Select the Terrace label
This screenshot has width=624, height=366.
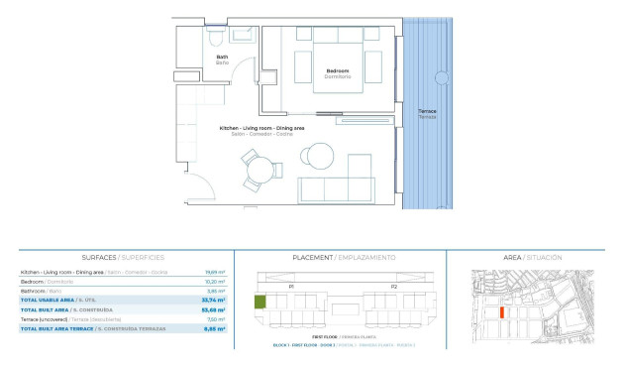(427, 113)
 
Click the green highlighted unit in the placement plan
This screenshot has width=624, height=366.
(260, 303)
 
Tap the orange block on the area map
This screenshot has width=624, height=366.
(501, 312)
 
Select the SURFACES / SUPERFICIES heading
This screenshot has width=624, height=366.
(124, 257)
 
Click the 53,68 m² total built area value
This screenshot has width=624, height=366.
(214, 308)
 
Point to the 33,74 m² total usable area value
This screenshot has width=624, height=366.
(214, 299)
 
